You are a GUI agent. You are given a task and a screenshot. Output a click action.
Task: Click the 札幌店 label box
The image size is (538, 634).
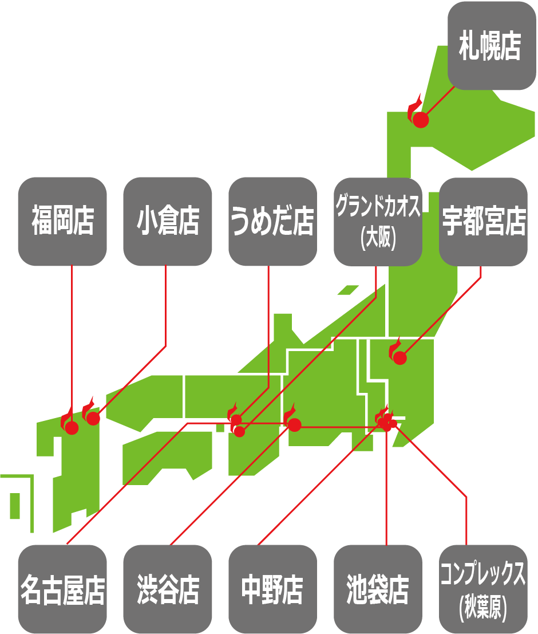492,45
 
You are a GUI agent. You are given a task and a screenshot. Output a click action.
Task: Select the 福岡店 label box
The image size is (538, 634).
62,222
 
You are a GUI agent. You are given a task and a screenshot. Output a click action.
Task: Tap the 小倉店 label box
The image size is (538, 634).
168,222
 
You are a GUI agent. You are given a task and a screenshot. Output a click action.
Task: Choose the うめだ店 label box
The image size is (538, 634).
273,222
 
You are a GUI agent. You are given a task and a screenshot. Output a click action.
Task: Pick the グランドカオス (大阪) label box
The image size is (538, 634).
378,222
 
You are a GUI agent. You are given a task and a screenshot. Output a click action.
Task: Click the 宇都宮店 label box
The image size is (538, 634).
484,222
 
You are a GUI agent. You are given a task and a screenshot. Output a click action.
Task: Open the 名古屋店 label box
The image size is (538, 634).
62,589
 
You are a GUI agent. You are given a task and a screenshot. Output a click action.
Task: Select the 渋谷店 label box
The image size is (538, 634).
168,589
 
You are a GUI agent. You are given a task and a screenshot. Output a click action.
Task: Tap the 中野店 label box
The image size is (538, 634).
273,589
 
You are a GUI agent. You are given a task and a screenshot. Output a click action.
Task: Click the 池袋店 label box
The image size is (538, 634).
378,589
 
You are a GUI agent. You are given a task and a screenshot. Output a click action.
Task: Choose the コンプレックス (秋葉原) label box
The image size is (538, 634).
484,589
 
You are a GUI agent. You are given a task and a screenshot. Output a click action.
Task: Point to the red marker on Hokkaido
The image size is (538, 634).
420,120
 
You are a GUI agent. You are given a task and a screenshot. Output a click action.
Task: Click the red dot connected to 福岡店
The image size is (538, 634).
72,428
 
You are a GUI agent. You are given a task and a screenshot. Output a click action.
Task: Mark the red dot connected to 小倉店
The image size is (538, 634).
93,419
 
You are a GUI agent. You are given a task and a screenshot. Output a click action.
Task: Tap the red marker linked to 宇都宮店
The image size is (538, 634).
400,358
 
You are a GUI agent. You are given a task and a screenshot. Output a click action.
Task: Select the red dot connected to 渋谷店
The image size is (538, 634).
295,424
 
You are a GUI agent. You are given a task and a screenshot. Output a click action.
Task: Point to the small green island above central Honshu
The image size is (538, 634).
348,290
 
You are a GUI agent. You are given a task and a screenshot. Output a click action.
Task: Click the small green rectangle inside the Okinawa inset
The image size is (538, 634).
15,505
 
